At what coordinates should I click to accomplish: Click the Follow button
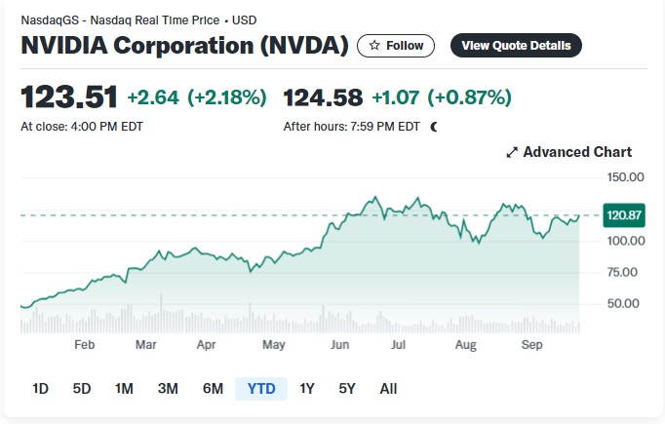(396, 46)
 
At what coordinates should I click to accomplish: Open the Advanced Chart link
(569, 152)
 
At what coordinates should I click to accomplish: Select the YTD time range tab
(261, 388)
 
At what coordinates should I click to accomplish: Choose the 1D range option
(41, 388)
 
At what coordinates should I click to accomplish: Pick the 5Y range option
(347, 388)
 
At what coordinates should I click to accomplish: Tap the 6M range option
(213, 388)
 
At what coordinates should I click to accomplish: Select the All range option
(388, 388)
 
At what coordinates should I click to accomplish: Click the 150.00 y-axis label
(625, 177)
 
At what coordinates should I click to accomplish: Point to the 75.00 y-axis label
(622, 272)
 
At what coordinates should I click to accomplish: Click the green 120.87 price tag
(624, 215)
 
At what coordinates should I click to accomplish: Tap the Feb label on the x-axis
(85, 344)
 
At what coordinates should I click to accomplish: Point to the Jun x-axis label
(339, 344)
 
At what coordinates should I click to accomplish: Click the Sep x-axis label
(531, 344)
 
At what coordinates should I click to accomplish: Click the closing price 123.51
(69, 97)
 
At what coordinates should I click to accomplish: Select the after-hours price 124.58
(323, 97)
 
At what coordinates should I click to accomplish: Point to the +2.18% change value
(227, 97)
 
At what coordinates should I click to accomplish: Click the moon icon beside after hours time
(434, 127)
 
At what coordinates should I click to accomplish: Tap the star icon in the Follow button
(374, 45)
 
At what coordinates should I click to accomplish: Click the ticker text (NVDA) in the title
(304, 46)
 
